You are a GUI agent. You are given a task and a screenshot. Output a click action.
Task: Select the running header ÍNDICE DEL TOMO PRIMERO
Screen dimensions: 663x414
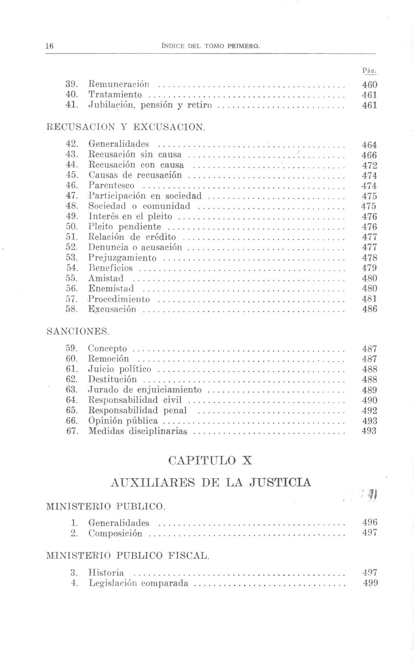(211, 46)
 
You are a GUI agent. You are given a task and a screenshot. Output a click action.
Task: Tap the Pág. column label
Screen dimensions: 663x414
(369, 71)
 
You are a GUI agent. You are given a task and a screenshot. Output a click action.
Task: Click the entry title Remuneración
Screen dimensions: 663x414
(119, 85)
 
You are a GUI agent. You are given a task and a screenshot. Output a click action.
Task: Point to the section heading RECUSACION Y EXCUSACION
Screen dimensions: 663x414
(126, 127)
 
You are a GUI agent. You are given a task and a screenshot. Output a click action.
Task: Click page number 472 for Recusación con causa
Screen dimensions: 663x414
(369, 165)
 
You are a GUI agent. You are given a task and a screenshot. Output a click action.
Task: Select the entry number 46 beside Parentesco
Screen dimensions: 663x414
(72, 185)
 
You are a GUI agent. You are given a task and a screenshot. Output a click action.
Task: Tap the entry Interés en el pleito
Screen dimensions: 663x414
(130, 217)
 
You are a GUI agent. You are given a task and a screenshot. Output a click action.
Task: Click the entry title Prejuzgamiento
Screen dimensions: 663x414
(122, 258)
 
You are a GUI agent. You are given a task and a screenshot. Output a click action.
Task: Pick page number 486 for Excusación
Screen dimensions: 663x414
(369, 309)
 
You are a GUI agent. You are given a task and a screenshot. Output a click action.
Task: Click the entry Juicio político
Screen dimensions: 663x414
(120, 369)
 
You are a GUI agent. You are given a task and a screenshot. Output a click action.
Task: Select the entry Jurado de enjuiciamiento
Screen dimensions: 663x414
(145, 390)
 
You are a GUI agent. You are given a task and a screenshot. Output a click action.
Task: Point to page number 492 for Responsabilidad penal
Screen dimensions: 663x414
(369, 410)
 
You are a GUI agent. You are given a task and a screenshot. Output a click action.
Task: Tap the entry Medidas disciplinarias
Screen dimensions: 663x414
(138, 431)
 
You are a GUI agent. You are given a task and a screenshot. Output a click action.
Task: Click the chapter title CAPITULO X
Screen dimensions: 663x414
(210, 460)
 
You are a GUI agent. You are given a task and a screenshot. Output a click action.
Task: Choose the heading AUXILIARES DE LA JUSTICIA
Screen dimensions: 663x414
(210, 482)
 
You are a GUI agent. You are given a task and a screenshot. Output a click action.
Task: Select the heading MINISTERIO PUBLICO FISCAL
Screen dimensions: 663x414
(127, 555)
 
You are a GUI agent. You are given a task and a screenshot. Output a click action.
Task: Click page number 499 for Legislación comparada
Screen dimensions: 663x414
(370, 583)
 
